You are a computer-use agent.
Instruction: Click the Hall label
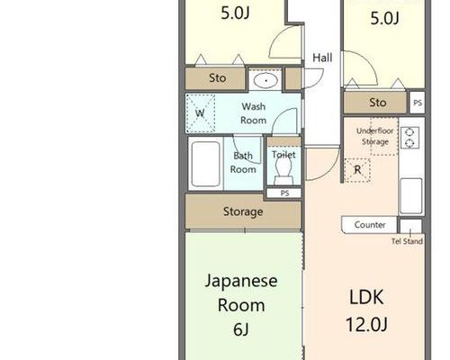click(x=322, y=58)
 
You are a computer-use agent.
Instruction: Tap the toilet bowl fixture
click(x=283, y=171)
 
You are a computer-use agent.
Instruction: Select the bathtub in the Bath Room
click(x=206, y=164)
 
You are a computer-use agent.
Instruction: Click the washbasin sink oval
click(x=265, y=80)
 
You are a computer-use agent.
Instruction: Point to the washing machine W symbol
click(x=200, y=113)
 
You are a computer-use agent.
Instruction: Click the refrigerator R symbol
click(x=357, y=170)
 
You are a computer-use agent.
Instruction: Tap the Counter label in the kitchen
click(x=370, y=225)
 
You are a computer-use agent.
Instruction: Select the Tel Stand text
click(x=407, y=241)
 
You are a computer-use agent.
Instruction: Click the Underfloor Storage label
click(x=375, y=136)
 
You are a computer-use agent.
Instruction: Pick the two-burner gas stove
click(x=409, y=138)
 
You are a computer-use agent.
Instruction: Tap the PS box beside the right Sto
click(x=418, y=103)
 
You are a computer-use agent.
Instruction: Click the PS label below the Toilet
click(x=284, y=193)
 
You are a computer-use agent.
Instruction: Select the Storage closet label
click(x=243, y=211)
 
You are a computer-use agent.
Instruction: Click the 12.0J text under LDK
click(x=366, y=324)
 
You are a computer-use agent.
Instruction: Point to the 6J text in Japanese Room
click(x=241, y=329)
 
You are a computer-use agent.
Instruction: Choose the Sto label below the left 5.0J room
click(x=218, y=78)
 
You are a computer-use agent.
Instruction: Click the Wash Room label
click(x=254, y=113)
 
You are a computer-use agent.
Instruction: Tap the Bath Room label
click(x=243, y=163)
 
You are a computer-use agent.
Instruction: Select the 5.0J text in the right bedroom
click(x=384, y=18)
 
